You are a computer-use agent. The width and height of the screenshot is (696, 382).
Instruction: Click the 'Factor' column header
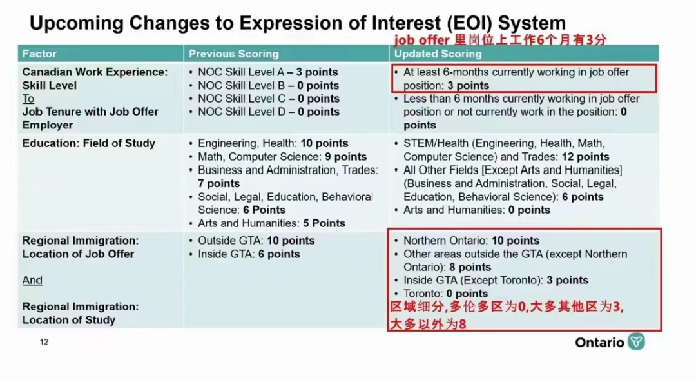pyautogui.click(x=39, y=54)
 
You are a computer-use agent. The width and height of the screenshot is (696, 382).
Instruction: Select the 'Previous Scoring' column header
pyautogui.click(x=233, y=54)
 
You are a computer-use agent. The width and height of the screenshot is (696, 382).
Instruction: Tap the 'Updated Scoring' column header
pyautogui.click(x=438, y=54)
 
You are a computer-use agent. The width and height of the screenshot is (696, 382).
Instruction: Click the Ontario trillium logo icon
pyautogui.click(x=636, y=341)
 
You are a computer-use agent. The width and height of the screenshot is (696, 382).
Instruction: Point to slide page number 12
pyautogui.click(x=44, y=342)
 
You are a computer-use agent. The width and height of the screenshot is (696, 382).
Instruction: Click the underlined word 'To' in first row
pyautogui.click(x=28, y=99)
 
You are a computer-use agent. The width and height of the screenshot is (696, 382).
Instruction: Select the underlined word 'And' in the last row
pyautogui.click(x=32, y=280)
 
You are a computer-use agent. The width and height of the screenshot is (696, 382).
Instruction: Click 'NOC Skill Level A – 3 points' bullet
pyautogui.click(x=267, y=72)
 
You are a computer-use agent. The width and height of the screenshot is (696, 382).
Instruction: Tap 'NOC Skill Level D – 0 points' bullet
pyautogui.click(x=268, y=112)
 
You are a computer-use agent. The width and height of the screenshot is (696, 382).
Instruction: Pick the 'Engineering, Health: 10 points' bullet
pyautogui.click(x=273, y=143)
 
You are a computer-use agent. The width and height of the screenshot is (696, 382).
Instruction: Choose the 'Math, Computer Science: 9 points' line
pyautogui.click(x=282, y=157)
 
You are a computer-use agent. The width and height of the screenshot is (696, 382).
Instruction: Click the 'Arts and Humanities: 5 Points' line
pyautogui.click(x=271, y=223)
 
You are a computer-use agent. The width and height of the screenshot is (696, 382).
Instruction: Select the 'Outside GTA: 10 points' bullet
pyautogui.click(x=256, y=241)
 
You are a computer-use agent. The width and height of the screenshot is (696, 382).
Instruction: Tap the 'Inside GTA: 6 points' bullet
pyautogui.click(x=249, y=254)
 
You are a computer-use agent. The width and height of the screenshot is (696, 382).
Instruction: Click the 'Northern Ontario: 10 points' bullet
pyautogui.click(x=471, y=241)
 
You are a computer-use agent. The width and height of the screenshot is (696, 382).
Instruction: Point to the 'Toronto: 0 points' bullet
pyautogui.click(x=445, y=294)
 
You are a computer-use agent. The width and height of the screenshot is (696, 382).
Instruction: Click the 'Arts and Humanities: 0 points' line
pyautogui.click(x=476, y=210)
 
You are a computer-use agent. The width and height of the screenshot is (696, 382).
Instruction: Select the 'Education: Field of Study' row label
pyautogui.click(x=89, y=143)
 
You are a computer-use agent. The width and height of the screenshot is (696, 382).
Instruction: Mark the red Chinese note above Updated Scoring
pyautogui.click(x=500, y=40)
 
